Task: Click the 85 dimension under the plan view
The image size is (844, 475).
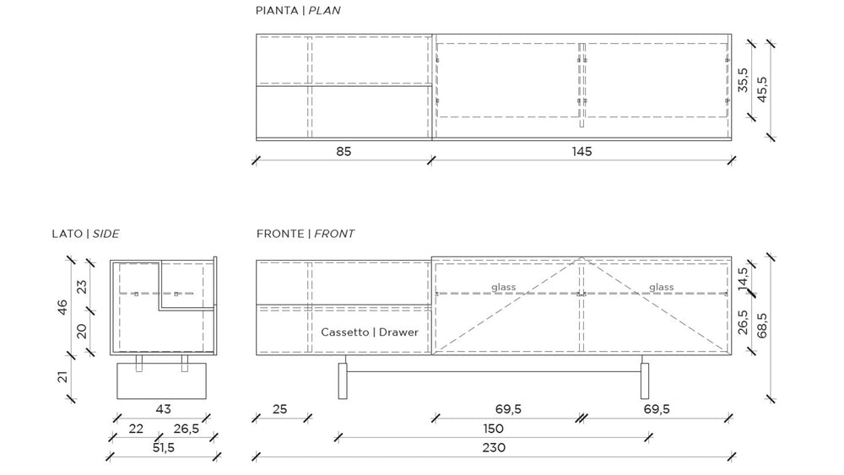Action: pos(344,152)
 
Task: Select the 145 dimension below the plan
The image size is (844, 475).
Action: pos(582,152)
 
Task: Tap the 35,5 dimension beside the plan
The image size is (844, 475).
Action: pos(743,79)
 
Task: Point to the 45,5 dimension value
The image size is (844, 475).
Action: pos(762,89)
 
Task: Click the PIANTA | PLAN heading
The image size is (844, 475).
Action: pos(298,10)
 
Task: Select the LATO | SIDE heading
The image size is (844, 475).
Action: pos(85,234)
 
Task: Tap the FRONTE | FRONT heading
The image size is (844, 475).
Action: pos(306,234)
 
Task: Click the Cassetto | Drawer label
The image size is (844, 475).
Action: pos(370,332)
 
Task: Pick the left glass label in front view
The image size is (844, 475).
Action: pos(503,287)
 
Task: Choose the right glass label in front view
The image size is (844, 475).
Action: pos(661,287)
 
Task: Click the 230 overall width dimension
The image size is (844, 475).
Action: pos(494,447)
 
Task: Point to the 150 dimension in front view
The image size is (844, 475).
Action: pos(493,429)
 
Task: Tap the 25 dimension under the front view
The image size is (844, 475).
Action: pos(279,409)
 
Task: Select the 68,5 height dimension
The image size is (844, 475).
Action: pos(762,326)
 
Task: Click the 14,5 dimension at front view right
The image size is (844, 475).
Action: pos(743,279)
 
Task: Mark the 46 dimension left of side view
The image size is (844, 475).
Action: pos(63,307)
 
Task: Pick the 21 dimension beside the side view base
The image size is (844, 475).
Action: pos(63,376)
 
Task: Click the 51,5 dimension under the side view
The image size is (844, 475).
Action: pos(163,447)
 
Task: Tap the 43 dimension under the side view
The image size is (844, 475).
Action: pos(163,409)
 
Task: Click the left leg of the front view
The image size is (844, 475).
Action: pos(343,381)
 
